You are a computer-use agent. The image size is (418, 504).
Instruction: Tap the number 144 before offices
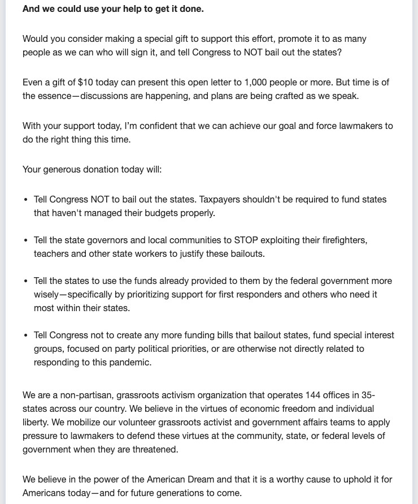(x=313, y=395)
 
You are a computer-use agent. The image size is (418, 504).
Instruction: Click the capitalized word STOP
(x=246, y=240)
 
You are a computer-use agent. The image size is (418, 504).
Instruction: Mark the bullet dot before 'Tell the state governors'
(x=26, y=240)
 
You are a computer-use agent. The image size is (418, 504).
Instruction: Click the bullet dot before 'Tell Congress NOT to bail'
(x=26, y=200)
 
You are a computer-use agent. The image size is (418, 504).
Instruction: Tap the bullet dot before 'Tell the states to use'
(x=26, y=281)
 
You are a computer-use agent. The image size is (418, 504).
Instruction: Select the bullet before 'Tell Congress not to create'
(x=26, y=335)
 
